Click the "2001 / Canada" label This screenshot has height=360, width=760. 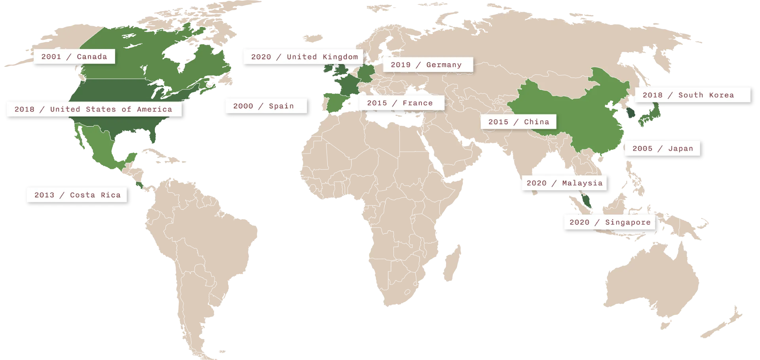click(x=74, y=57)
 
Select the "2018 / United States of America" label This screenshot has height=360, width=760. click(x=93, y=109)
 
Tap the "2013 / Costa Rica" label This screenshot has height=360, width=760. click(x=77, y=195)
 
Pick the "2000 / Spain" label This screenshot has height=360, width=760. click(x=264, y=106)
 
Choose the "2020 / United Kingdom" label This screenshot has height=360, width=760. click(x=304, y=57)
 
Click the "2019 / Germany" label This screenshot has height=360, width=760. click(x=426, y=65)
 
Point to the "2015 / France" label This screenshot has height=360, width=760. click(x=400, y=103)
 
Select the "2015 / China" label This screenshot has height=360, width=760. click(x=519, y=122)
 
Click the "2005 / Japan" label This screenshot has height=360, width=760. click(x=663, y=149)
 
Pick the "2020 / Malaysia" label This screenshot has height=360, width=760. click(x=564, y=183)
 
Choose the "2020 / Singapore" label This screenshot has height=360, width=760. click(x=610, y=222)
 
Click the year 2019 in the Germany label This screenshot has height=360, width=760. click(x=401, y=65)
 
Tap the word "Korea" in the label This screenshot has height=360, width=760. click(x=721, y=95)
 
